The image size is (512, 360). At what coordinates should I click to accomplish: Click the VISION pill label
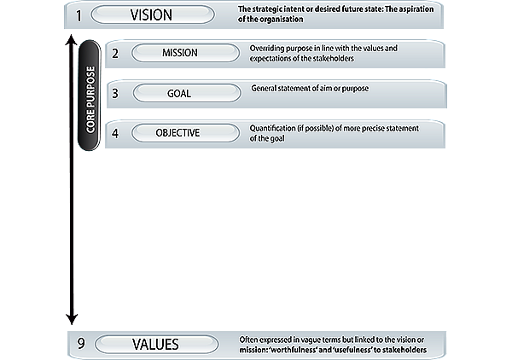(152, 15)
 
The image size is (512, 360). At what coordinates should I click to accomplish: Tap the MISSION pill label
(180, 53)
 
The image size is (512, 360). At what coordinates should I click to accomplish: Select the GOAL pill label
(179, 93)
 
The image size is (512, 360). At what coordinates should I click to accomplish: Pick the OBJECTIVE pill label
(177, 133)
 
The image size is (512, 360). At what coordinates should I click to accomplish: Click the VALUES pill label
(155, 345)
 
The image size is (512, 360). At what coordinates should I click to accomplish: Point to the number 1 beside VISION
(78, 15)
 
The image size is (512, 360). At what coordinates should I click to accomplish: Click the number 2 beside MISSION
(115, 53)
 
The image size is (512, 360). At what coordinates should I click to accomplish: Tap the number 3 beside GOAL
(115, 93)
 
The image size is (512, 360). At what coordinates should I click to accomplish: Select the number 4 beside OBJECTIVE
(115, 133)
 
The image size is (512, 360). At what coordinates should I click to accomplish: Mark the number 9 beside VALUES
(81, 345)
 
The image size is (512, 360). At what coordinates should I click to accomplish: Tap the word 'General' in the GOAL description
(267, 89)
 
